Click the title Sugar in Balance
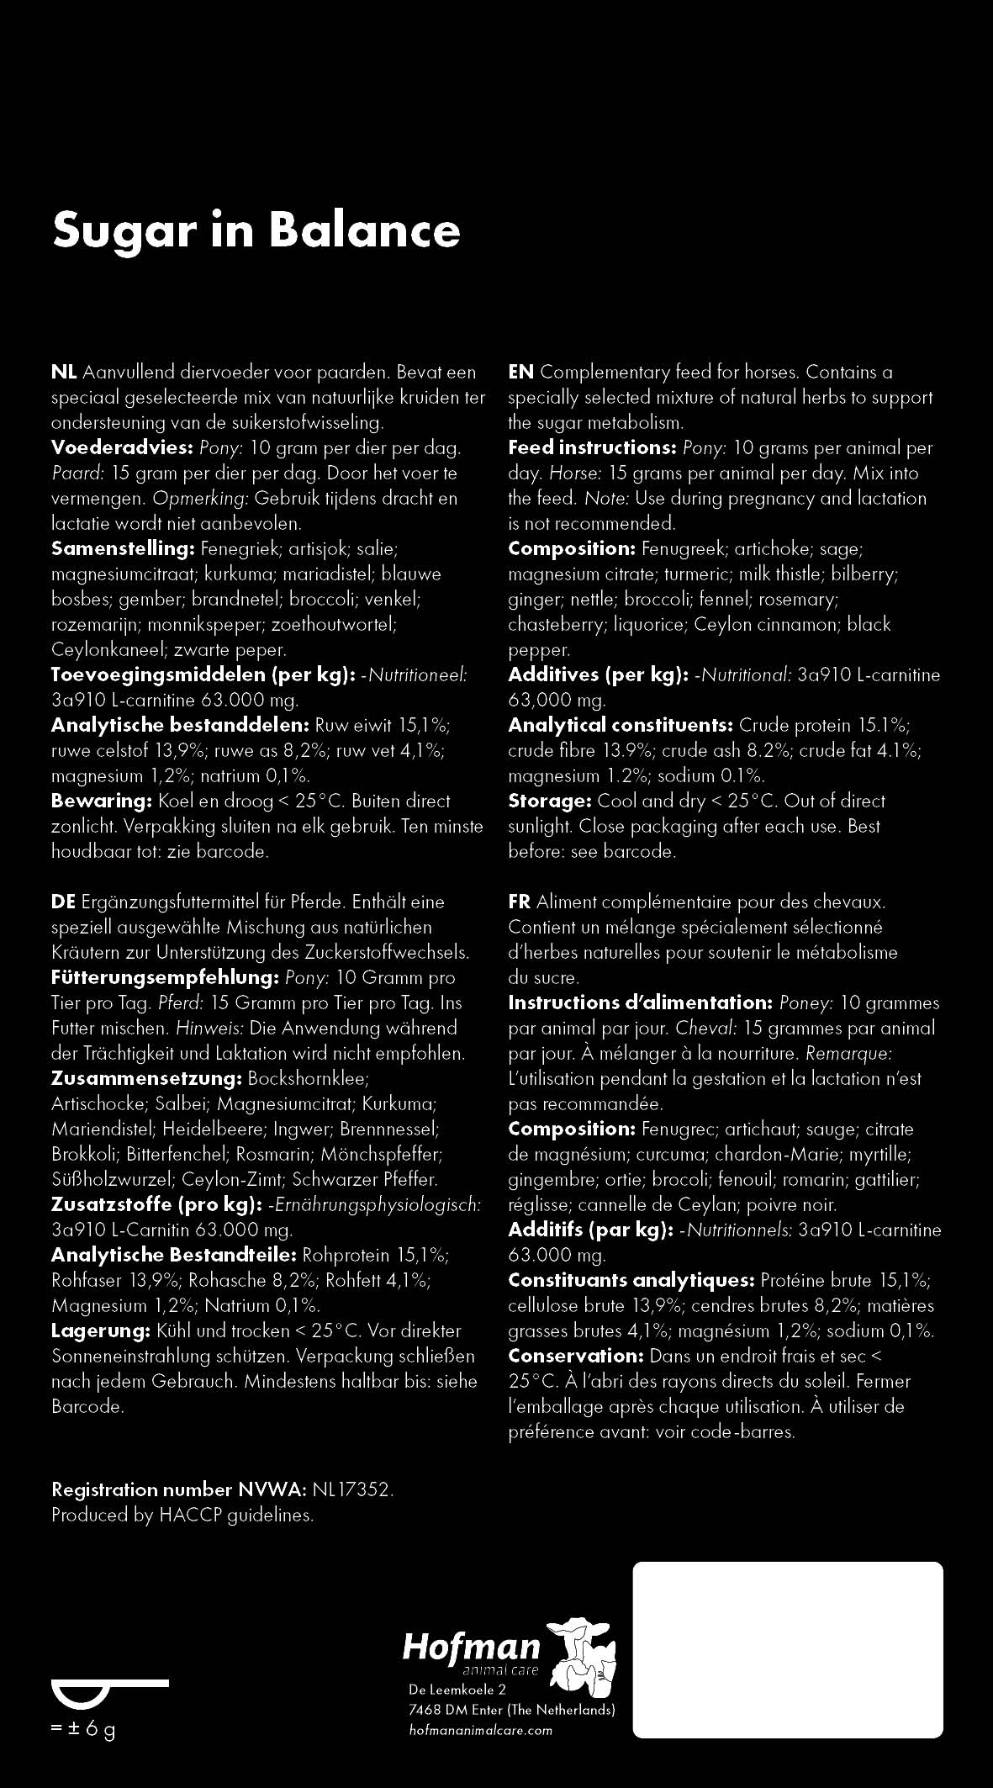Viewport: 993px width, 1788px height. point(256,230)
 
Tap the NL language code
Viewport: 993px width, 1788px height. point(64,372)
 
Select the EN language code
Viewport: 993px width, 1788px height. point(520,372)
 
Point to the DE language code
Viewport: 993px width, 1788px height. point(63,902)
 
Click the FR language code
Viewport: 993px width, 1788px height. point(519,902)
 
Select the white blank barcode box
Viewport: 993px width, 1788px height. point(787,1649)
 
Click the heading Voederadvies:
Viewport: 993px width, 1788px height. point(123,447)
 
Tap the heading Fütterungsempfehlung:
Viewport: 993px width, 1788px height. point(165,977)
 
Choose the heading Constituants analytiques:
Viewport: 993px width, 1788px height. point(631,1280)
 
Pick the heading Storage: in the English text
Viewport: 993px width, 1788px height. point(550,801)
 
